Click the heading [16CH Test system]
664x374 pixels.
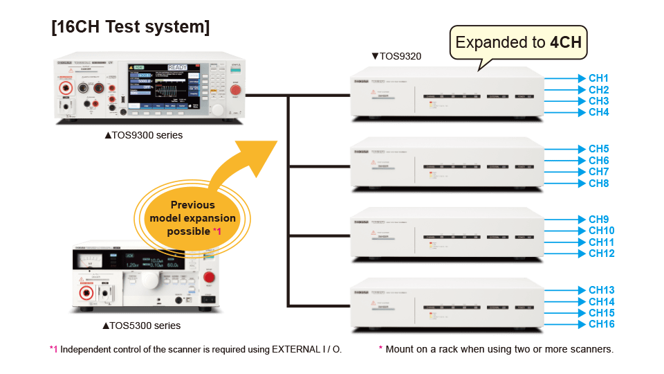(131, 28)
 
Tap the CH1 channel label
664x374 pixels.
(598, 78)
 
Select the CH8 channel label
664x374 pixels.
(598, 184)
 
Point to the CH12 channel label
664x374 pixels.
(601, 253)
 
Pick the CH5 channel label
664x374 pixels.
(598, 149)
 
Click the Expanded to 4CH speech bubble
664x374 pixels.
(519, 43)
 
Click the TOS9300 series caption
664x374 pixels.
(143, 136)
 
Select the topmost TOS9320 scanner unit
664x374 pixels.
(447, 94)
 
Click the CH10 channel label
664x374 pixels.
(601, 231)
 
